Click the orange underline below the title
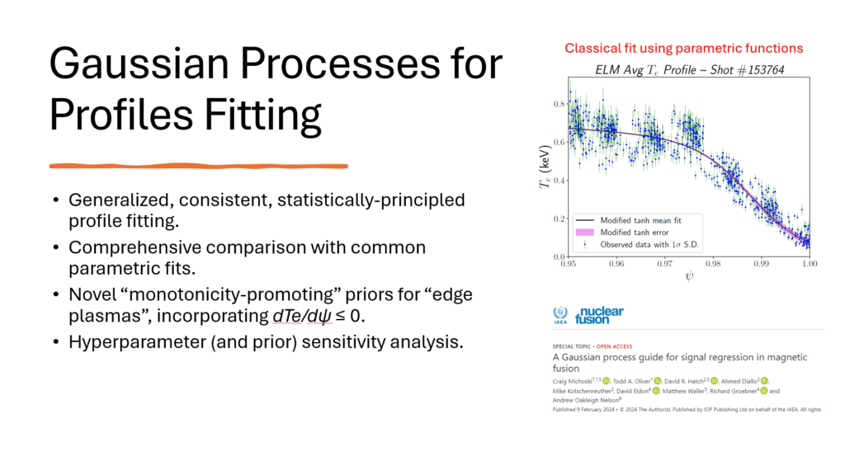(198, 166)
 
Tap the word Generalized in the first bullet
(118, 200)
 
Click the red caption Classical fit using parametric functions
(683, 49)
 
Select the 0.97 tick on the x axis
(664, 264)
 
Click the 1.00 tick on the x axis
(810, 264)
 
